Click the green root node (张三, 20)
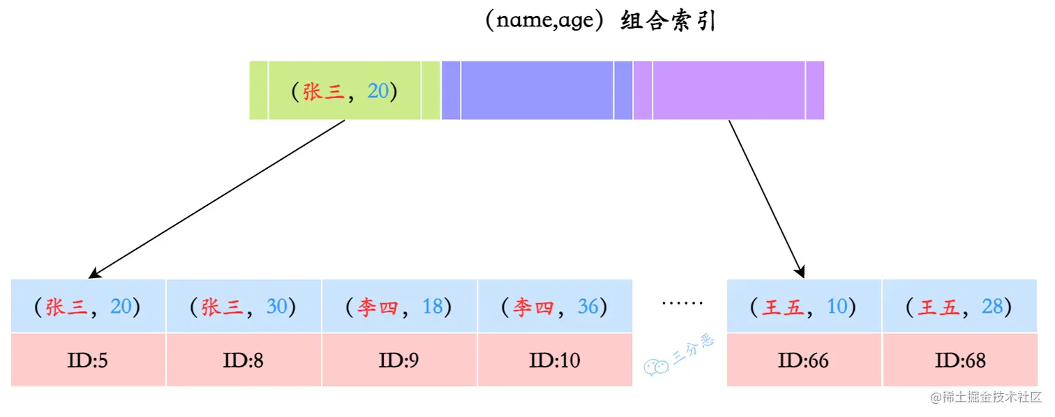[345, 91]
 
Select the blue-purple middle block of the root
[537, 91]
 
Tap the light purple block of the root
[728, 91]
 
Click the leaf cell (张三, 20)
[88, 306]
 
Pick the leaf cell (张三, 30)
[244, 306]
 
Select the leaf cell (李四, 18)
[399, 306]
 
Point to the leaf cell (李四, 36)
[555, 306]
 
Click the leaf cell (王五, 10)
[804, 306]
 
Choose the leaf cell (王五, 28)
[959, 306]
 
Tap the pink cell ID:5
[88, 360]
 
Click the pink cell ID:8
[244, 360]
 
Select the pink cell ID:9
[399, 360]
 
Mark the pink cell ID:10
[555, 360]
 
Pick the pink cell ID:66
[804, 360]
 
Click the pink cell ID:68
[959, 360]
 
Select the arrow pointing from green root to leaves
[218, 198]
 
